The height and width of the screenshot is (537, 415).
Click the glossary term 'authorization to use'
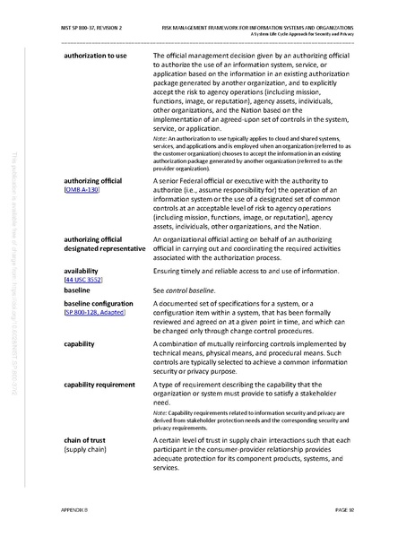click(x=95, y=56)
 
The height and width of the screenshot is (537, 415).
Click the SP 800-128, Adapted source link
click(x=95, y=313)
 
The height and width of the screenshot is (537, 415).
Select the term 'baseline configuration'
click(x=100, y=304)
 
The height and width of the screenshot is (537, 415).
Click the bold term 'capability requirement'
click(x=101, y=385)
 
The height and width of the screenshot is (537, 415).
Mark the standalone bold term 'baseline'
click(x=78, y=292)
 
